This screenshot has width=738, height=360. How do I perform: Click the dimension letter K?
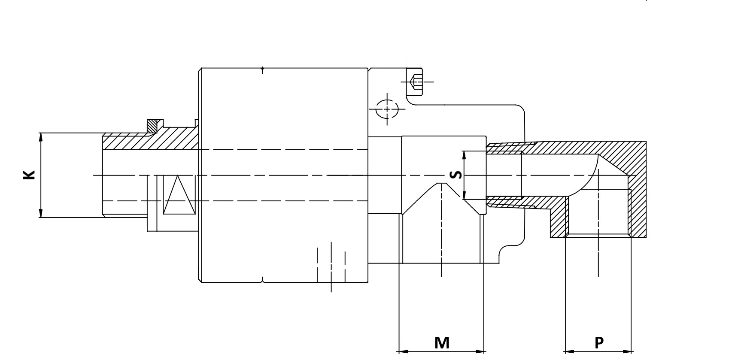tap(29, 175)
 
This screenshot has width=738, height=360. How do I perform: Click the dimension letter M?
tap(441, 342)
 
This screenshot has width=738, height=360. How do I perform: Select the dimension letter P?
tap(599, 342)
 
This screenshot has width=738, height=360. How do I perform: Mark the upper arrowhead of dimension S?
tap(463, 154)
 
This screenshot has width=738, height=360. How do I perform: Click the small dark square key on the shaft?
tap(154, 125)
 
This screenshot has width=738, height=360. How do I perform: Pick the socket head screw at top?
tap(415, 81)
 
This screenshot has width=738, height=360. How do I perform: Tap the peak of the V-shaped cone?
tap(441, 183)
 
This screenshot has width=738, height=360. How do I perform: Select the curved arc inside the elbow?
tap(592, 172)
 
